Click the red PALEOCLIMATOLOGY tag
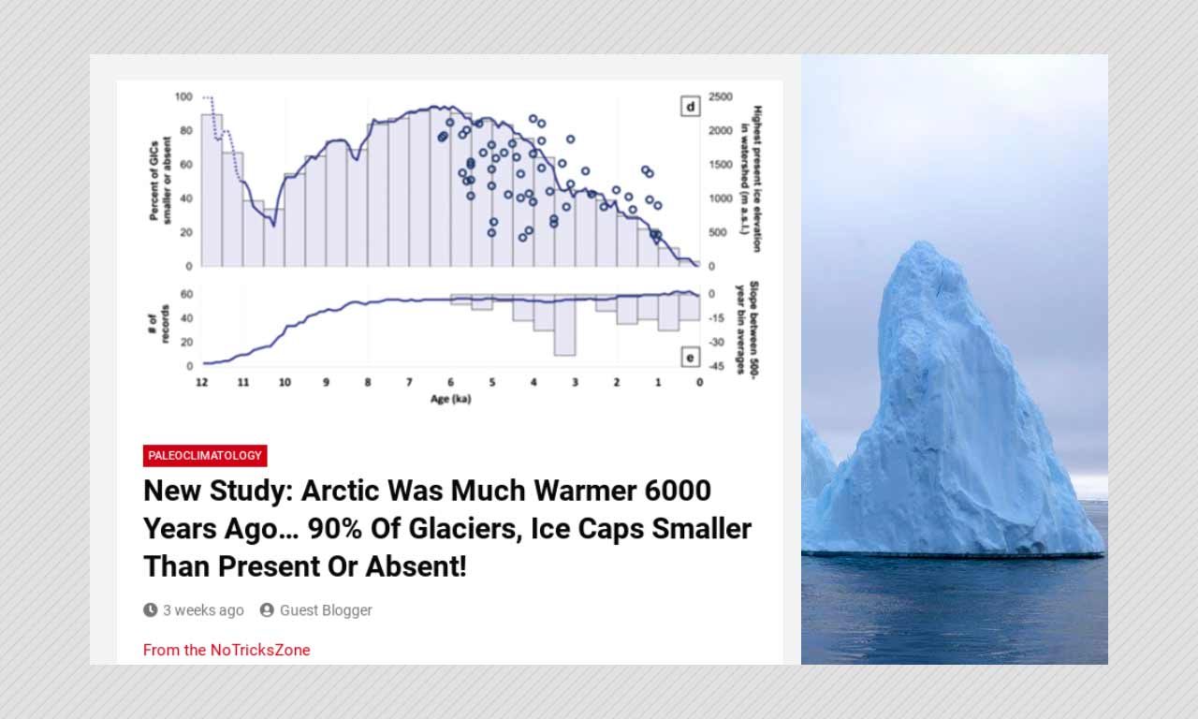pos(205,456)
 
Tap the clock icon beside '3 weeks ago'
pos(151,609)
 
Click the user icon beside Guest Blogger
pos(267,609)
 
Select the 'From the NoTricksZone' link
pos(226,650)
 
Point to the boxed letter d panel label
pos(691,107)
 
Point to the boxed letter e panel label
pos(691,358)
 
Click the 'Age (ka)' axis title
pos(451,399)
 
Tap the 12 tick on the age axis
pos(201,382)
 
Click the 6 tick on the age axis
pos(451,382)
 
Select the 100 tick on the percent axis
pos(183,96)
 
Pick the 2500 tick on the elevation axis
pos(721,96)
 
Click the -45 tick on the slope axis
pos(716,366)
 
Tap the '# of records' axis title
pos(158,324)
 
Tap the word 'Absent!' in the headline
pos(416,566)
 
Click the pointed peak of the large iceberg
pos(922,242)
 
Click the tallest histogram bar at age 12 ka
pos(212,190)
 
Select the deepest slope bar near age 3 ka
pos(564,325)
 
